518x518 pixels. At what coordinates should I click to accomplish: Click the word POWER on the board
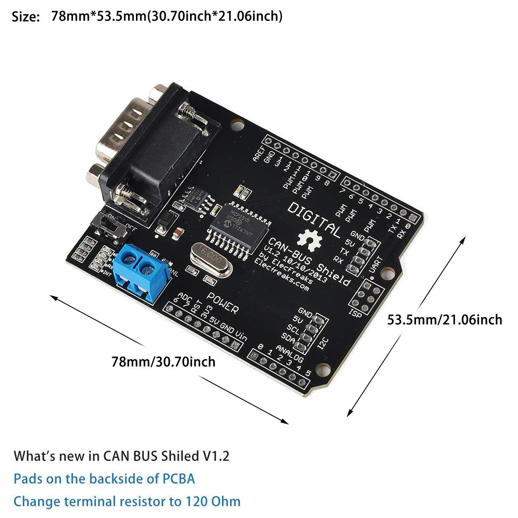click(x=222, y=303)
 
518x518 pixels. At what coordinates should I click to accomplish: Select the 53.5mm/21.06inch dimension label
click(x=445, y=320)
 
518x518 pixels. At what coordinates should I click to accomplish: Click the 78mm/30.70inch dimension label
click(x=163, y=361)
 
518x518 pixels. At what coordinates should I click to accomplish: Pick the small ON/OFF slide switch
click(x=114, y=227)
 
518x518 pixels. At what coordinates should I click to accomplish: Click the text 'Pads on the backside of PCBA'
click(x=104, y=479)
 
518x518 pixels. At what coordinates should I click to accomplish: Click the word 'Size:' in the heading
click(x=26, y=17)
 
